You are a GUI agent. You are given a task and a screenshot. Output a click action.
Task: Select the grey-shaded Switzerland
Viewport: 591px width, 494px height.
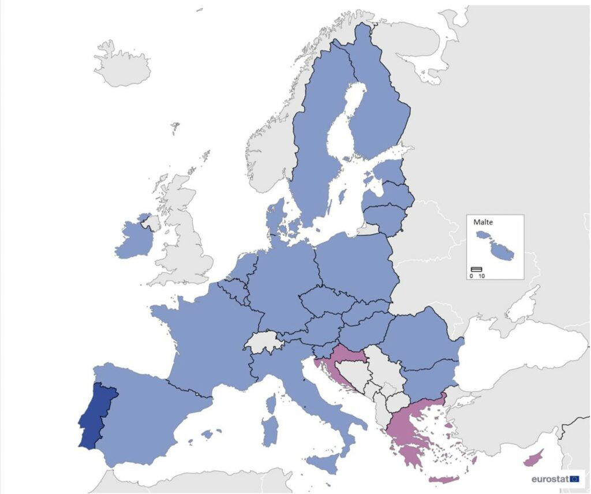264,344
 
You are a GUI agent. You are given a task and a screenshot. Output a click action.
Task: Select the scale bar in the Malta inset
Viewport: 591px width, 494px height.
476,269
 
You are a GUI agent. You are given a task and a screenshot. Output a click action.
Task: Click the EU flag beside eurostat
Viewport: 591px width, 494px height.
575,478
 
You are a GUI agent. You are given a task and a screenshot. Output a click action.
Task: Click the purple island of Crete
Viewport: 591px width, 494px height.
444,479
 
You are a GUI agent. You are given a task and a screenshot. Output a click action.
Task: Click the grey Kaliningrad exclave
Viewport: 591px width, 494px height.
368,230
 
